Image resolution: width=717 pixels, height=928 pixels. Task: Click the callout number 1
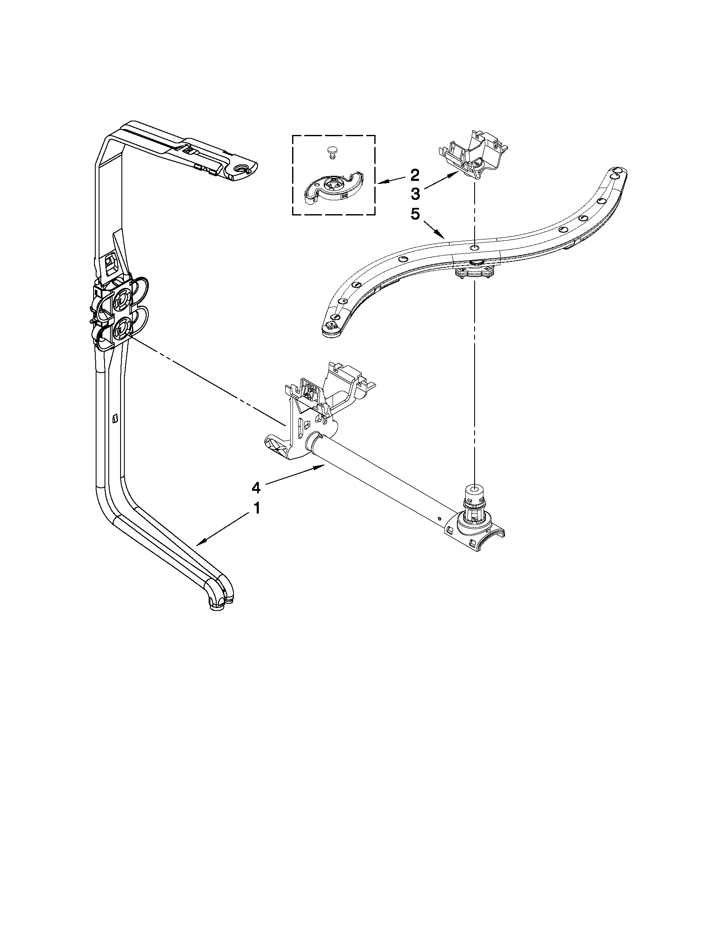pos(256,508)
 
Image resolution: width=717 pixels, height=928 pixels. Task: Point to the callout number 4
pos(256,488)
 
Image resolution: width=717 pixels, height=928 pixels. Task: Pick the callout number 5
pos(415,214)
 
